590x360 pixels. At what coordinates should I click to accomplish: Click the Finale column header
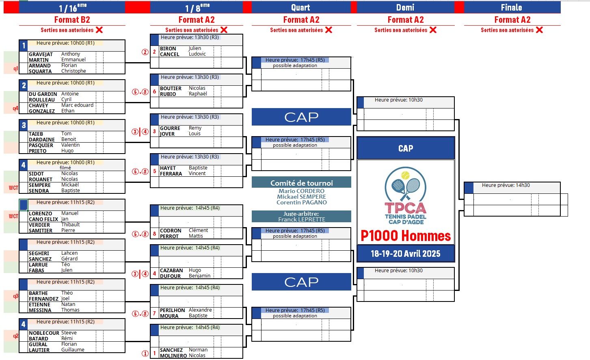coord(511,7)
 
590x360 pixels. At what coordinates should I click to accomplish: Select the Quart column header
coord(300,7)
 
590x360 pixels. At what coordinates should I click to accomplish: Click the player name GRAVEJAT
coord(41,54)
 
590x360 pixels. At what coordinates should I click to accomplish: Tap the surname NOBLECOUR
coord(44,333)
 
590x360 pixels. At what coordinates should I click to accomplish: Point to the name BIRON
coord(168,48)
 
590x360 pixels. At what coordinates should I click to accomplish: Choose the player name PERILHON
coord(172,310)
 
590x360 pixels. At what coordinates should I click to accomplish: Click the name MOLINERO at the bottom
coord(173,356)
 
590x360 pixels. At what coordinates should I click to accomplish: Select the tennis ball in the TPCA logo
coord(405,175)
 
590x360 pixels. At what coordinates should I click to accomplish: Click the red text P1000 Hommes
coord(406,236)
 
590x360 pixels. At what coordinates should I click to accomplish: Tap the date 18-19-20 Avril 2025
coord(405,254)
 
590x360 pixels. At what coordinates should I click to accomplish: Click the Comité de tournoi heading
coord(301,183)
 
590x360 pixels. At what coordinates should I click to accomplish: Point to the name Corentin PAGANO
coord(301,202)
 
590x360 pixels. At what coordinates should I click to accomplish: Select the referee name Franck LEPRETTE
coord(301,219)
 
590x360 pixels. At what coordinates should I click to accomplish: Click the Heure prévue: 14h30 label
coord(506,185)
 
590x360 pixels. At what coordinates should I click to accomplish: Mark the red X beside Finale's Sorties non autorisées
coord(539,30)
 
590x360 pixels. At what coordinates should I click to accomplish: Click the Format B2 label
coord(72,20)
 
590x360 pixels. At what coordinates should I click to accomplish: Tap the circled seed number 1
coord(145,353)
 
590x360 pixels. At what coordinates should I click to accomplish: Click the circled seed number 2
coord(145,52)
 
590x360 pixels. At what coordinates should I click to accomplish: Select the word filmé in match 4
coord(65,168)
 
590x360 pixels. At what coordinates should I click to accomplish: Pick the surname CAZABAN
coord(171,270)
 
